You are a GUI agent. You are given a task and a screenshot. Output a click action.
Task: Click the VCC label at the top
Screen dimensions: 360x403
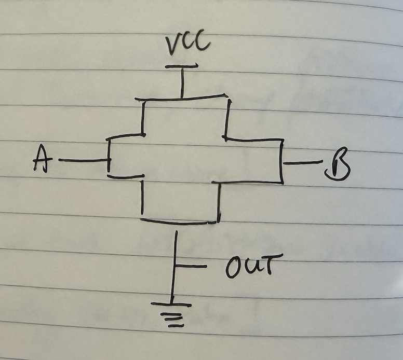point(188,45)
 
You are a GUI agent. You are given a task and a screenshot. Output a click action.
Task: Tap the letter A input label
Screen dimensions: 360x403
point(41,158)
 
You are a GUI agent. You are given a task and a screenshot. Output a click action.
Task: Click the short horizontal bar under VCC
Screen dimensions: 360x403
point(182,67)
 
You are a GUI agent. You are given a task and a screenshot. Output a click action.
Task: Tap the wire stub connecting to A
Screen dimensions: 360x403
point(83,160)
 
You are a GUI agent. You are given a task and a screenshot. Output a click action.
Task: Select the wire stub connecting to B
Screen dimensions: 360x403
point(303,163)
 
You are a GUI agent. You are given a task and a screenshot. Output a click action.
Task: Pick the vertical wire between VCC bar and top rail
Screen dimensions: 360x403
point(182,83)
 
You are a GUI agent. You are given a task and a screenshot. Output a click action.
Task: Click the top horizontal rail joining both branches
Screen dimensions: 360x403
point(182,98)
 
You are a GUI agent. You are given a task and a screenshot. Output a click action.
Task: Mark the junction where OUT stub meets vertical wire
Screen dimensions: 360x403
point(176,267)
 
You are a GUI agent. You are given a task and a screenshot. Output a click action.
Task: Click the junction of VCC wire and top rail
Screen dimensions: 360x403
point(182,98)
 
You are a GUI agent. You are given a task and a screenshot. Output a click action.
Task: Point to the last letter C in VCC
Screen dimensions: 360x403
point(202,44)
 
